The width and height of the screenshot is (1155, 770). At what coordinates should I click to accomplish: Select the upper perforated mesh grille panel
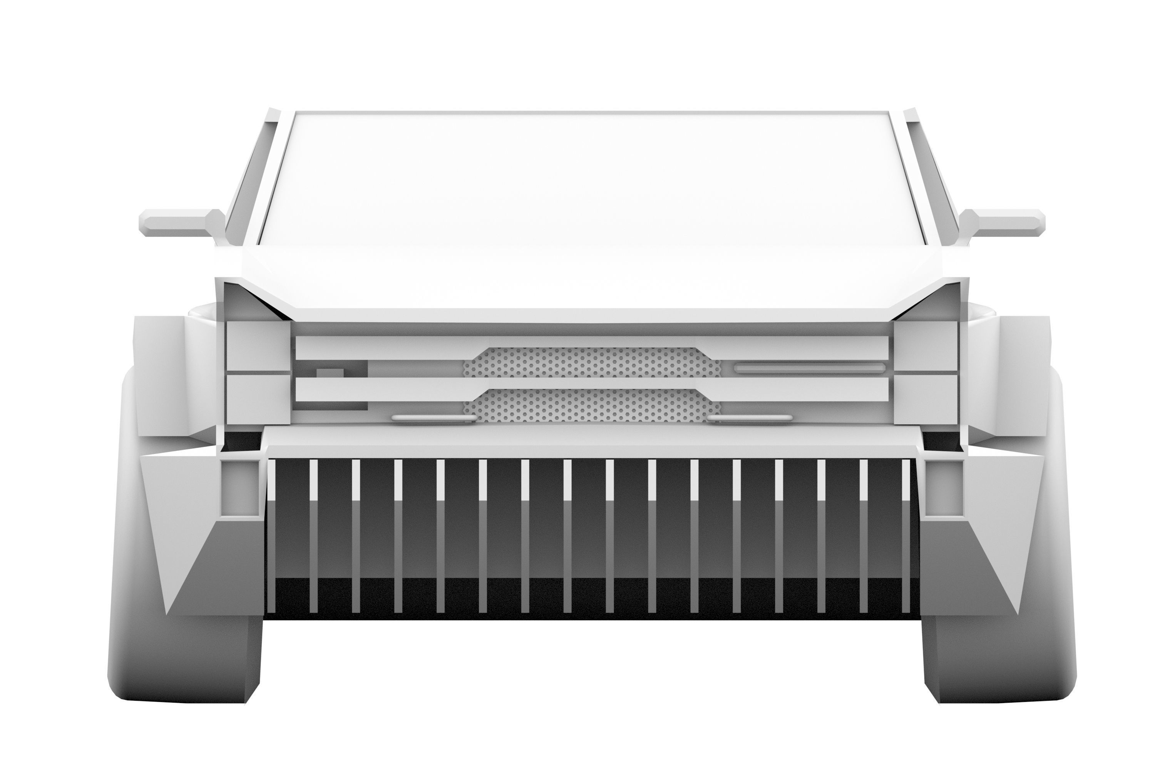[592, 362]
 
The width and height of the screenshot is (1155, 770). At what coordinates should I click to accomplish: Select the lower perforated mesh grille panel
[592, 405]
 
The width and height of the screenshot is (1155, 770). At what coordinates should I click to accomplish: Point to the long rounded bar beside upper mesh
[809, 367]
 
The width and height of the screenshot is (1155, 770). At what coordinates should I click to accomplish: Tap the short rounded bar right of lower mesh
[750, 418]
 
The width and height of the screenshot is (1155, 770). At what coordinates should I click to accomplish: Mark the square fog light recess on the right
[943, 488]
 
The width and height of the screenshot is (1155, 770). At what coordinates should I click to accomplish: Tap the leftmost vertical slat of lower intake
[271, 535]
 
